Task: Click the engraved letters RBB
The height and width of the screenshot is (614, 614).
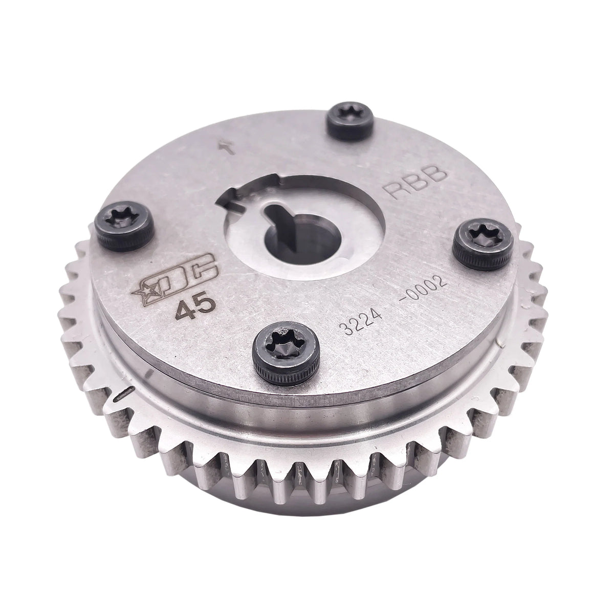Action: point(420,183)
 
